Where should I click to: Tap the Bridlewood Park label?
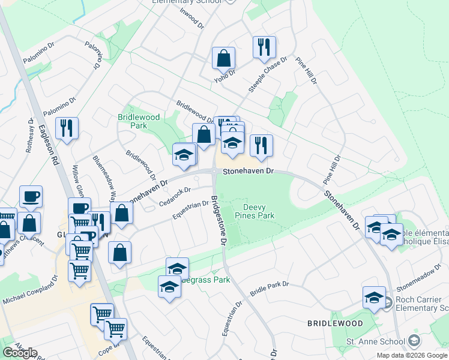click(x=133, y=121)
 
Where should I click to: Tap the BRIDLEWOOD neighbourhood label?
click(x=335, y=323)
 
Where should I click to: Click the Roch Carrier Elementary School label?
click(x=418, y=304)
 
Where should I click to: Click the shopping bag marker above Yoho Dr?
click(x=223, y=58)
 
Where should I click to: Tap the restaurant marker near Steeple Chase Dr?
click(x=264, y=47)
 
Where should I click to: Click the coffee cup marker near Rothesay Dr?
click(x=31, y=196)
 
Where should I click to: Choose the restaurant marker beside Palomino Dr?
click(x=66, y=128)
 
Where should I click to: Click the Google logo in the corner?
click(x=20, y=353)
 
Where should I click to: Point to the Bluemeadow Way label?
click(x=103, y=179)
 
